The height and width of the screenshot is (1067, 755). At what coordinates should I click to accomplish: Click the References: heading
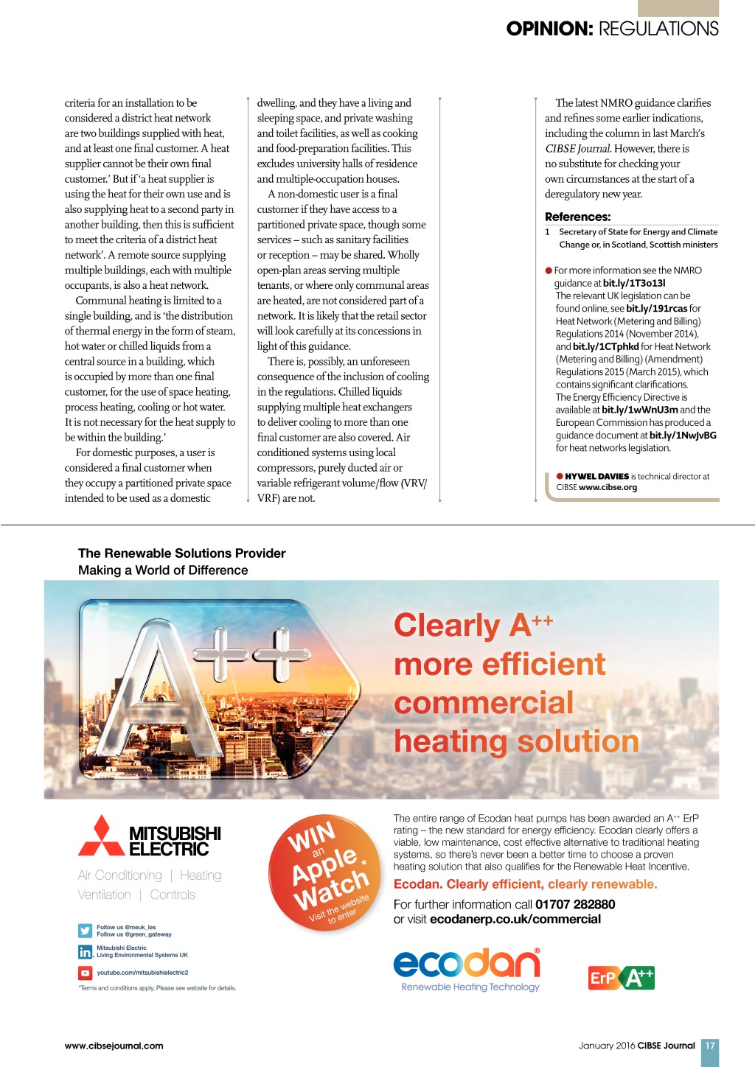pyautogui.click(x=577, y=217)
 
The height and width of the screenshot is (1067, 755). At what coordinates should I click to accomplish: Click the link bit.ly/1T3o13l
pyautogui.click(x=634, y=283)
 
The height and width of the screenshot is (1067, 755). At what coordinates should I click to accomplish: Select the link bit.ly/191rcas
pyautogui.click(x=656, y=309)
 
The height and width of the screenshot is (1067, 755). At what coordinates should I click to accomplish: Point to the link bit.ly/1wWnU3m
pyautogui.click(x=639, y=410)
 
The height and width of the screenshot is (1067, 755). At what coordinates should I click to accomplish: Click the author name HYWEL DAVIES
pyautogui.click(x=596, y=477)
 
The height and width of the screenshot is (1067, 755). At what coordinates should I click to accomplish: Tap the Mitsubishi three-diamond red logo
pyautogui.click(x=102, y=836)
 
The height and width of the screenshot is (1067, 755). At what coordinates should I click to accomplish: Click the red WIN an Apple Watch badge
pyautogui.click(x=324, y=872)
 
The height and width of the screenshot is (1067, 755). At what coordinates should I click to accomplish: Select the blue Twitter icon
pyautogui.click(x=85, y=931)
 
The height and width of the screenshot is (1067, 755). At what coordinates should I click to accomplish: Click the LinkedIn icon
pyautogui.click(x=85, y=951)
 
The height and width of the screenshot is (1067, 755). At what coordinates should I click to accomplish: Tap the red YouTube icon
pyautogui.click(x=85, y=973)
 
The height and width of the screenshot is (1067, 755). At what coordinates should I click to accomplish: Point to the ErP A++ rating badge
pyautogui.click(x=621, y=978)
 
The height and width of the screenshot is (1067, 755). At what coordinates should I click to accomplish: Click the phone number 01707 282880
pyautogui.click(x=575, y=904)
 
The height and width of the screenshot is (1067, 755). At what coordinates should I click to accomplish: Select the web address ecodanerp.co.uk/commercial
pyautogui.click(x=515, y=919)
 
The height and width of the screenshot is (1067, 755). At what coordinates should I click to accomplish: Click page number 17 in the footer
pyautogui.click(x=709, y=1046)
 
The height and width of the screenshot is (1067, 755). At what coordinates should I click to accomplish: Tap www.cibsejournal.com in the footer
pyautogui.click(x=114, y=1046)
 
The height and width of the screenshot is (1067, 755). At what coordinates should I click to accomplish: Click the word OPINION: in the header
pyautogui.click(x=549, y=29)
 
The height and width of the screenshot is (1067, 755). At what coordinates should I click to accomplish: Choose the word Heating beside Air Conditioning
pyautogui.click(x=201, y=875)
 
